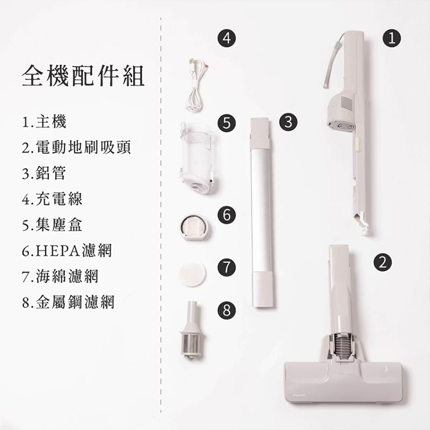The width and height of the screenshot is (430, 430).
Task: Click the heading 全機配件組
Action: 83,76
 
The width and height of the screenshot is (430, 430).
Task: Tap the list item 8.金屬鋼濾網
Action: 68,302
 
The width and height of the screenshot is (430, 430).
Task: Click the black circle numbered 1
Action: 392,38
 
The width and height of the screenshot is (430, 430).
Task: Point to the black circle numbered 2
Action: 381,262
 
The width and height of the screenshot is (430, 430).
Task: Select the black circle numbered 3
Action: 288,121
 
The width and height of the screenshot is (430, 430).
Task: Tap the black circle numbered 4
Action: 227,38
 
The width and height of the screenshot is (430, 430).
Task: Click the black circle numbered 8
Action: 227,311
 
